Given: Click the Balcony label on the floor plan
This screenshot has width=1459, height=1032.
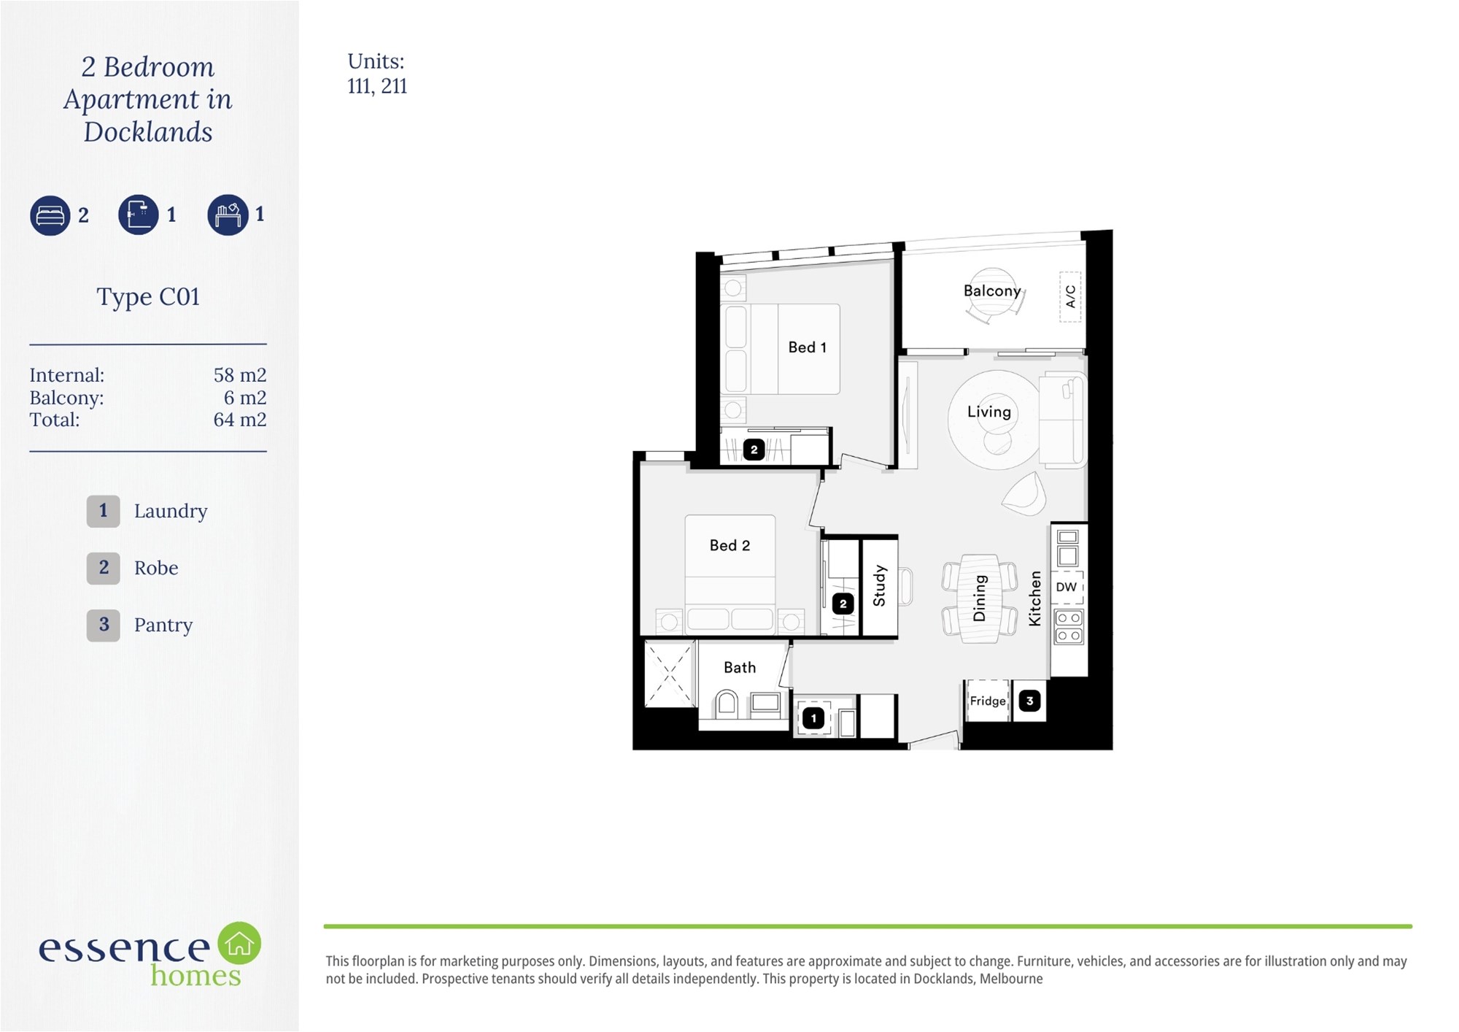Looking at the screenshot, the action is pos(992,290).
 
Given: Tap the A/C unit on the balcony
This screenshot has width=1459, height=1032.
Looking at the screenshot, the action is pos(1070,296).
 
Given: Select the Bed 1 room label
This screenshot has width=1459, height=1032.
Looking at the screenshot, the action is pos(807,347).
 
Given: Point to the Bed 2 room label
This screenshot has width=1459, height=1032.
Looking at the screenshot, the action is pos(729,545).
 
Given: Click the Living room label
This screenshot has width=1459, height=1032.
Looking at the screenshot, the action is pos(989,412).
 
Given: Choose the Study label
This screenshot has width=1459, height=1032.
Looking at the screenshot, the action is pos(879,585).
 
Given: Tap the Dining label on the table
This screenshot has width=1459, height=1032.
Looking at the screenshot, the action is pos(979,598).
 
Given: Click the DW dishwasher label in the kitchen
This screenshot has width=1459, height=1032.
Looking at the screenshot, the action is pos(1066,587).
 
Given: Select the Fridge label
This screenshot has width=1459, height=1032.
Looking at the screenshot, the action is pos(988,701).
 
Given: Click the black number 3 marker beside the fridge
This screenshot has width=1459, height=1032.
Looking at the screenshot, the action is pos(1029,701).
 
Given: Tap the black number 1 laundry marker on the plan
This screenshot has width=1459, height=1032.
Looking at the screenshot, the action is pos(813,718).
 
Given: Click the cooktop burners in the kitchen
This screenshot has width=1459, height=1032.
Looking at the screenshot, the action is pos(1069,627).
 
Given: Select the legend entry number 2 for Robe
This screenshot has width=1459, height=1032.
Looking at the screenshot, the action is pos(104,568).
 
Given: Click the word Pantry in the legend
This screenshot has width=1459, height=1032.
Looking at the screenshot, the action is pos(163,625).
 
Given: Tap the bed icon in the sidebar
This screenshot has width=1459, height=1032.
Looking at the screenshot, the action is pos(50,215).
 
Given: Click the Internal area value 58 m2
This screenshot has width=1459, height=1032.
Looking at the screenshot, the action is pos(240,375).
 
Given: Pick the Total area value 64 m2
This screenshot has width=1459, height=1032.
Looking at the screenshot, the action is pos(240,420).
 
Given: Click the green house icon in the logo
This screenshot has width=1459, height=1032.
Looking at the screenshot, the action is pos(239,943).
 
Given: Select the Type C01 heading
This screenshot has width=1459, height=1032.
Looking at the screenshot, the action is pos(148,297).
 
